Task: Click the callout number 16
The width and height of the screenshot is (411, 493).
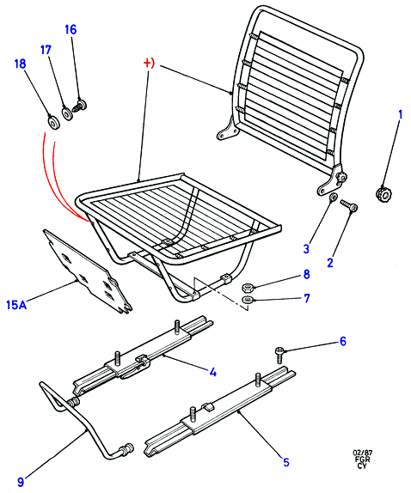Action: [71, 29]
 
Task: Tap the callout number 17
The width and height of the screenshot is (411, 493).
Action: [46, 50]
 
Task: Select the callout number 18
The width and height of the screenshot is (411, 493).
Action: [20, 64]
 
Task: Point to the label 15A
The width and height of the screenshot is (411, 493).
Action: [16, 305]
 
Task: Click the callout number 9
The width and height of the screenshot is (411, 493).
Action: [21, 481]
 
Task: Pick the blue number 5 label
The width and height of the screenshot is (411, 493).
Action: [285, 462]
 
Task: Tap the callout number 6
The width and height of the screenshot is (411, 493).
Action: [343, 341]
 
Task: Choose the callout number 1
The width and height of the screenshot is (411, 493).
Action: [401, 115]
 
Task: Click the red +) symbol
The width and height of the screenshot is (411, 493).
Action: [149, 64]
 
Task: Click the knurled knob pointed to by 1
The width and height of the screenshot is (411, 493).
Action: [383, 194]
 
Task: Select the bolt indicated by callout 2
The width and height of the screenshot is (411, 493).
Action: [349, 205]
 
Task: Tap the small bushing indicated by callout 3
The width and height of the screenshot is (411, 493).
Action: [333, 198]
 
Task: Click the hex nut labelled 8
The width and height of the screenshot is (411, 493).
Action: [247, 287]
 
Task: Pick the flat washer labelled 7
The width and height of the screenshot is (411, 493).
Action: [247, 300]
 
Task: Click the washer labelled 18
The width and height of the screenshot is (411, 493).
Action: [53, 122]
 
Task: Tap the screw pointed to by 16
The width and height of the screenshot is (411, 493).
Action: [80, 105]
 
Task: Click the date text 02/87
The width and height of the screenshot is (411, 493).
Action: [362, 453]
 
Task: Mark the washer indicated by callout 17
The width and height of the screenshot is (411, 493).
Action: [67, 113]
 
